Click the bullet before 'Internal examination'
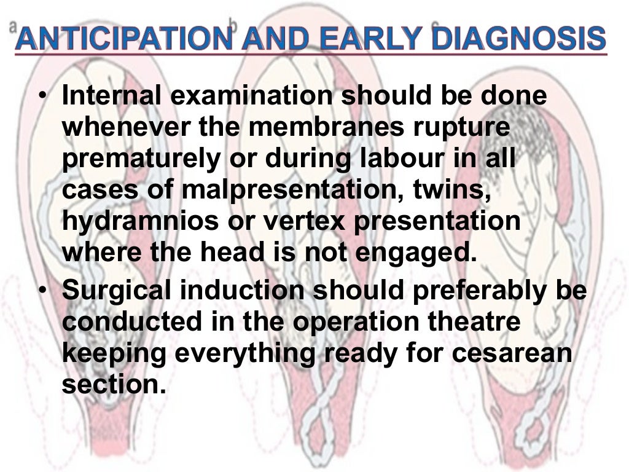coord(41,98)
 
